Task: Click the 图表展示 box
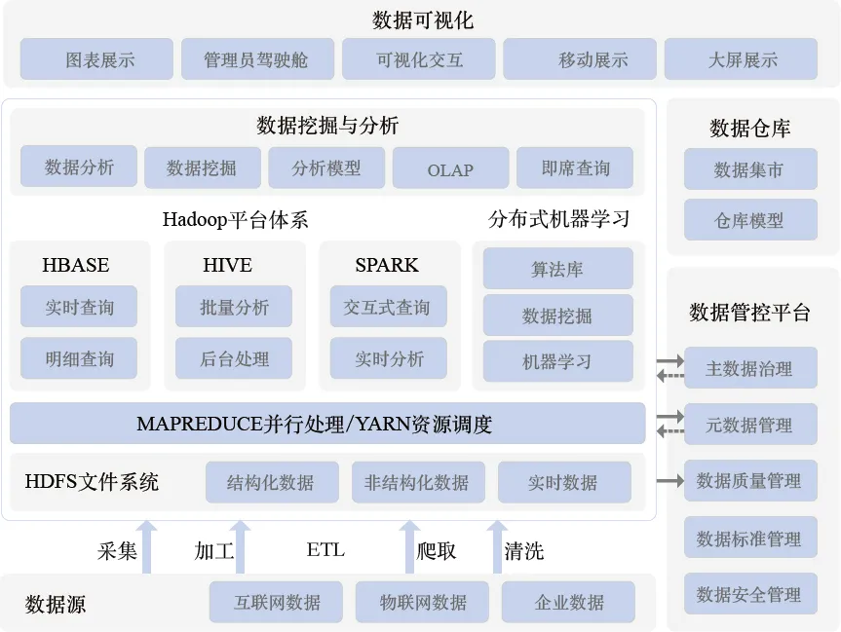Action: coord(96,59)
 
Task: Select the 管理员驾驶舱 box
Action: coord(257,59)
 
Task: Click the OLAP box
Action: coord(449,168)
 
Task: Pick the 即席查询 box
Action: coord(575,167)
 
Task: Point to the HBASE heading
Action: coord(76,265)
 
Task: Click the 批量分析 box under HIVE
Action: coord(234,307)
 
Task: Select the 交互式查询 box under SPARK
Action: coord(388,307)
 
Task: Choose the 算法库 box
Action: coord(557,269)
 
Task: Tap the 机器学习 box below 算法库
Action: coord(557,361)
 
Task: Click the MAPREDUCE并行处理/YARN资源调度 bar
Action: coord(327,424)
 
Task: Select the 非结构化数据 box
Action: coord(417,482)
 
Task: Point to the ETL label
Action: coord(325,550)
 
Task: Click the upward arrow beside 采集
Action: coord(146,547)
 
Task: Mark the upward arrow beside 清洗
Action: coord(497,547)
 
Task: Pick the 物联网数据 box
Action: coord(423,602)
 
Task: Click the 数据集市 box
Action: coord(749,169)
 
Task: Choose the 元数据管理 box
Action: coord(749,425)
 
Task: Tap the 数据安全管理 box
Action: coord(749,594)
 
